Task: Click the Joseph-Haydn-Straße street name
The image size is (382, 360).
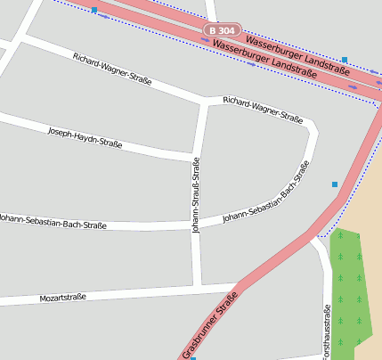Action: (85, 136)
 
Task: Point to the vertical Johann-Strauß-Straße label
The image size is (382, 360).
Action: (196, 194)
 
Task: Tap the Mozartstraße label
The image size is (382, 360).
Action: (63, 297)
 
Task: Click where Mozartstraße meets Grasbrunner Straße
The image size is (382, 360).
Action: (236, 288)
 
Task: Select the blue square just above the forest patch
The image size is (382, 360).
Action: (335, 184)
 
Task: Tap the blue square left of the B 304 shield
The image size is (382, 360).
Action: (94, 10)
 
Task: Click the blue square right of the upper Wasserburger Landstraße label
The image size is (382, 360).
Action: (345, 60)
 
